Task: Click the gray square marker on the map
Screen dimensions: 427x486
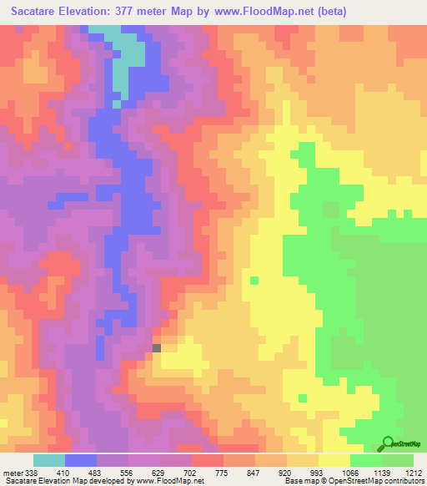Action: pos(156,347)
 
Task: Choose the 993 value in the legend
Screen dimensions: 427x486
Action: pos(314,472)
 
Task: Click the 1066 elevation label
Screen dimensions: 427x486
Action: pos(344,472)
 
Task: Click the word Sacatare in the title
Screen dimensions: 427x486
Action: pos(40,11)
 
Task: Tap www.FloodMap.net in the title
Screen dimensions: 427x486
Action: pos(264,11)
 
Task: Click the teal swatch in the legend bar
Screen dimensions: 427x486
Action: pos(48,460)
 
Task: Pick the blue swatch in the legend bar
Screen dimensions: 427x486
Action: pos(80,460)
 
